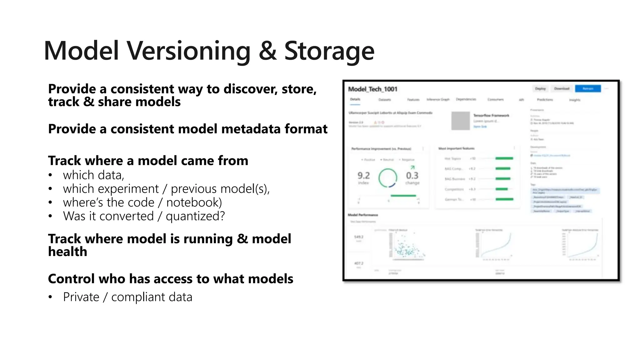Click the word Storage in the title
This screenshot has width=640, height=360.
pyautogui.click(x=329, y=51)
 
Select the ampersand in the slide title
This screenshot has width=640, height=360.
pyautogui.click(x=267, y=51)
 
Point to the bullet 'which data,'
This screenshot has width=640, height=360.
pyautogui.click(x=93, y=175)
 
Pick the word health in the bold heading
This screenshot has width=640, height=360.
pyautogui.click(x=67, y=252)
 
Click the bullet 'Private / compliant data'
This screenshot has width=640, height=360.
pyautogui.click(x=127, y=297)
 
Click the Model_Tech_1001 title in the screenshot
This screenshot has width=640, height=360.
pyautogui.click(x=372, y=89)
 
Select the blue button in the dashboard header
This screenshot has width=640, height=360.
pyautogui.click(x=588, y=89)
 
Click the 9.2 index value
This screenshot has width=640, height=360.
pyautogui.click(x=363, y=176)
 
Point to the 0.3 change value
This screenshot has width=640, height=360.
pyautogui.click(x=412, y=176)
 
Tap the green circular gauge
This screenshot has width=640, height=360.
pyautogui.click(x=388, y=178)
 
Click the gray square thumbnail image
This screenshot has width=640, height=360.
pyautogui.click(x=461, y=121)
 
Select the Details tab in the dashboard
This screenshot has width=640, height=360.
pyautogui.click(x=355, y=99)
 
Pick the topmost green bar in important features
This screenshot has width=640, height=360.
pyautogui.click(x=504, y=158)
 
